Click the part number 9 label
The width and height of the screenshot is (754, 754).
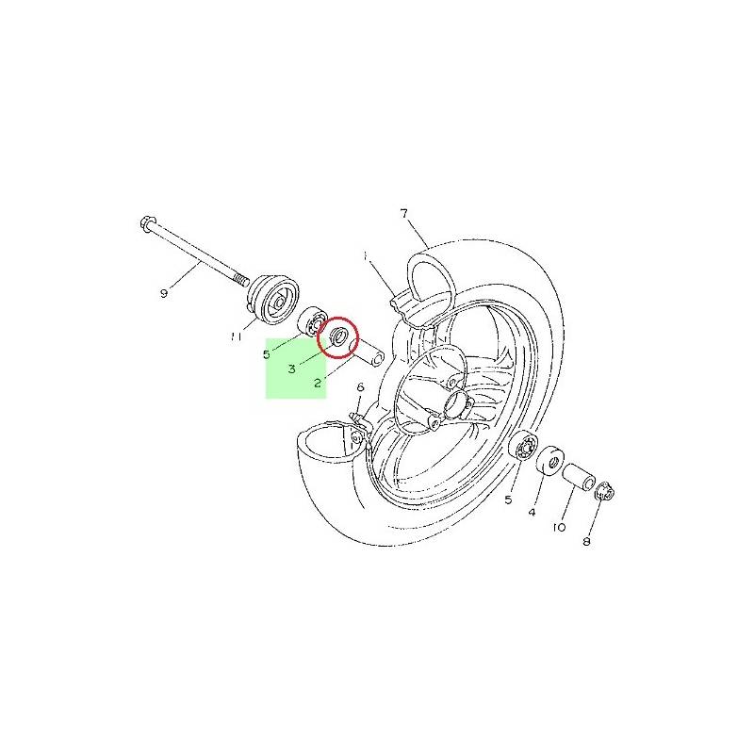click(164, 293)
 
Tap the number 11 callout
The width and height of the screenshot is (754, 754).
click(236, 337)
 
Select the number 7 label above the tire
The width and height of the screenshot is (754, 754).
click(404, 213)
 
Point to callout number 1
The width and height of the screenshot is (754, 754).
click(366, 256)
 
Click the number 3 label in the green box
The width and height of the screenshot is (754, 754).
click(292, 369)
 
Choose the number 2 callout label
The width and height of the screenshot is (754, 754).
click(318, 383)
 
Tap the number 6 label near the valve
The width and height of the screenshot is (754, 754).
click(360, 387)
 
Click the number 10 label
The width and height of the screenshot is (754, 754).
click(559, 528)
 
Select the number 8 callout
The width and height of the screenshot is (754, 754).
click(586, 542)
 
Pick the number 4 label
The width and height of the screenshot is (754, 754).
click(532, 513)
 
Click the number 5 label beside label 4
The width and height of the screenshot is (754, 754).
click(508, 500)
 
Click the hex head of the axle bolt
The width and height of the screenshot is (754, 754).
click(147, 223)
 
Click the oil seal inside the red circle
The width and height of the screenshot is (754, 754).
click(338, 335)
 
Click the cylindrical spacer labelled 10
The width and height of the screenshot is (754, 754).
click(579, 477)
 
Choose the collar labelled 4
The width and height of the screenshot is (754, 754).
click(550, 460)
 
